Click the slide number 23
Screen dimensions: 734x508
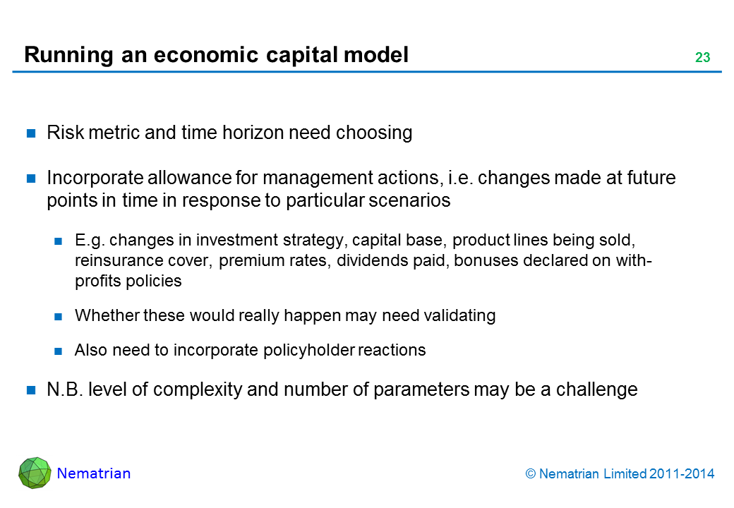coord(703,58)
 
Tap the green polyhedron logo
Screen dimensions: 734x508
coord(35,473)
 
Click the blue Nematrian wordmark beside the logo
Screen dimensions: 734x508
coord(94,473)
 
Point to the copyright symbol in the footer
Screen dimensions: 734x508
coord(530,474)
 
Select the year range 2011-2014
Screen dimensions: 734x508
coord(682,474)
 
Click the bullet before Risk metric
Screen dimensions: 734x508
coord(31,133)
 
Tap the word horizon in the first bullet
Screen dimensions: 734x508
coord(253,133)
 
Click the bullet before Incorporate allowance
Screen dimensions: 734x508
coord(31,179)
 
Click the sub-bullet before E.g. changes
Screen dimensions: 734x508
coord(58,241)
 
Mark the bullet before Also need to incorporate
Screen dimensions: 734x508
coord(58,351)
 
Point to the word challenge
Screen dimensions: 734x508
coord(597,389)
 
